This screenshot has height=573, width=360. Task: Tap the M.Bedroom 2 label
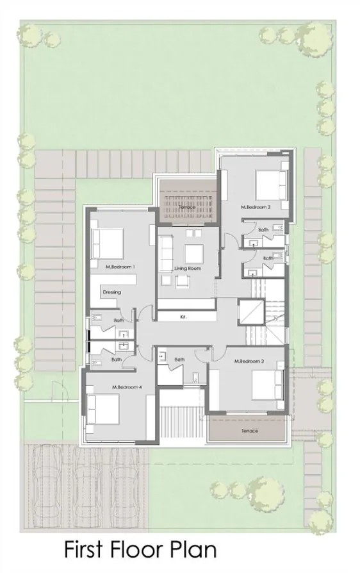coord(256,207)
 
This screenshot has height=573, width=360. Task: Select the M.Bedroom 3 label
coord(249,362)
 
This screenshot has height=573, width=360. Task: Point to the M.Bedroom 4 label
coord(127,387)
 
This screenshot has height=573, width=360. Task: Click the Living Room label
coord(188,268)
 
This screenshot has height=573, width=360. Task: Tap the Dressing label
coord(111,292)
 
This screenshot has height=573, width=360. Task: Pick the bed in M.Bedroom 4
coord(102,410)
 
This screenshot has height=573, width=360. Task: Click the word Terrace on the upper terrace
coord(187,207)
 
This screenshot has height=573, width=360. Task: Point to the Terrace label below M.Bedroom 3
coord(250,431)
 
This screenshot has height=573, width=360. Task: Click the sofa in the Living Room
coord(166,253)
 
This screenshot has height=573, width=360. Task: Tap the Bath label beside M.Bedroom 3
coord(179,360)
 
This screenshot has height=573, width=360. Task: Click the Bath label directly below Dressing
coord(119,320)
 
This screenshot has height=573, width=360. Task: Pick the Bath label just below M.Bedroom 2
coord(263,229)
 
